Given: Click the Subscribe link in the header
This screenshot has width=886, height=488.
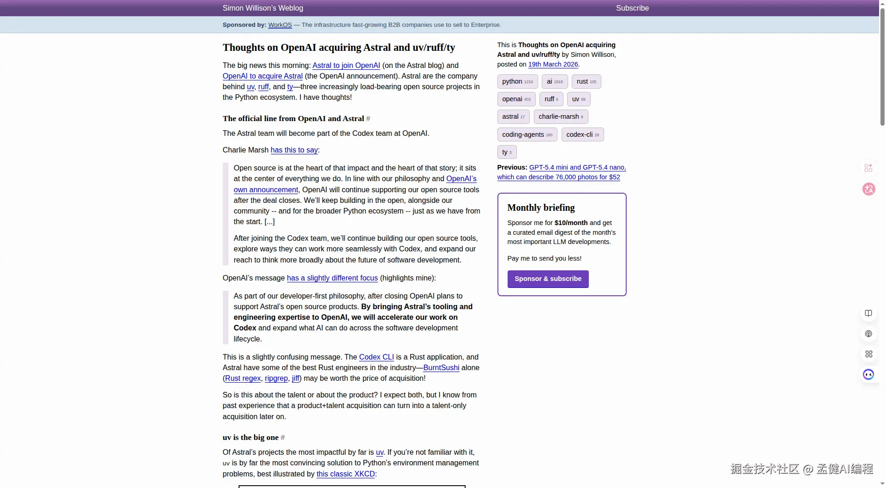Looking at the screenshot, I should (x=632, y=8).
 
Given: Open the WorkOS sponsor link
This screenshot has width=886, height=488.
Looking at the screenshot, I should (x=280, y=25).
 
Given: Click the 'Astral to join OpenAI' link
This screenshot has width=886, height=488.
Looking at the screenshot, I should (x=346, y=66).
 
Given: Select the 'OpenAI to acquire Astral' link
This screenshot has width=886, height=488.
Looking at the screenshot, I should (x=263, y=76).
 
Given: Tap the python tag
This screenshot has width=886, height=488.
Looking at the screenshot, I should (x=517, y=82).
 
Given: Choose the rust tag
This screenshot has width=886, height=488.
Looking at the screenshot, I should (x=586, y=82).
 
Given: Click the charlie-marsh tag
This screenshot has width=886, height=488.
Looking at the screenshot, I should (x=561, y=117).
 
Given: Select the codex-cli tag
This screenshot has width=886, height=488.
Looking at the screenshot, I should (x=582, y=135).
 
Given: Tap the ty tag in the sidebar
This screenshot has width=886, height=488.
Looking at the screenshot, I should (x=507, y=152).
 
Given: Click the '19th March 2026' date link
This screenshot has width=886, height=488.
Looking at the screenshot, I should (x=553, y=65).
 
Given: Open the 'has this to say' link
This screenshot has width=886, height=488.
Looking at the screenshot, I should (x=294, y=150).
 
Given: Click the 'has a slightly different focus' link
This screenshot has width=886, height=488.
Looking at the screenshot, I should (x=332, y=278).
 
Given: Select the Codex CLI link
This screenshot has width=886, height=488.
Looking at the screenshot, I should (x=377, y=357).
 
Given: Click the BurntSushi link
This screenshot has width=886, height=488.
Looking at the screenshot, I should (x=441, y=368).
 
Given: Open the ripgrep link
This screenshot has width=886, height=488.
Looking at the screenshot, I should (x=276, y=378).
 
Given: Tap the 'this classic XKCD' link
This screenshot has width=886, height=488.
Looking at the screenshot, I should (x=346, y=474).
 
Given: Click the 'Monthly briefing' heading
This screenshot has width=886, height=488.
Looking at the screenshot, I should (x=541, y=208).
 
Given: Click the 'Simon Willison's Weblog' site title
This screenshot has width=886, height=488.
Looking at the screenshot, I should (x=263, y=8).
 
